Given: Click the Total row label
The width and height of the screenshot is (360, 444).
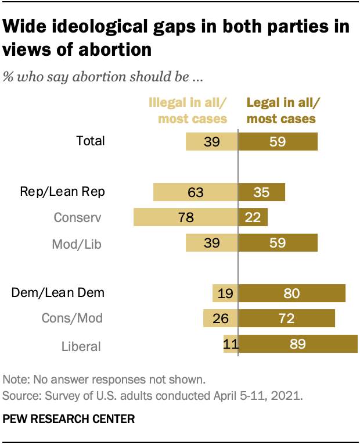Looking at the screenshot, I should point(90,141).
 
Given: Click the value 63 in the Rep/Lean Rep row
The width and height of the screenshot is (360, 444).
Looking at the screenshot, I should point(195,192).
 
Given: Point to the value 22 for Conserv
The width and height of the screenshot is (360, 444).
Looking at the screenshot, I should point(253,217).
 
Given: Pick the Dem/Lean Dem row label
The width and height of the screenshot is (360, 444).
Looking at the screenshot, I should point(58,292).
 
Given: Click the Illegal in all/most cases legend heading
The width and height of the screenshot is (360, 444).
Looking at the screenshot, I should point(188,111).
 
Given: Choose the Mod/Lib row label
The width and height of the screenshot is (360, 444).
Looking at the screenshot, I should point(77,244).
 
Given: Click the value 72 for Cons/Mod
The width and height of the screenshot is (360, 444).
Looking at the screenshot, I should point(286,318).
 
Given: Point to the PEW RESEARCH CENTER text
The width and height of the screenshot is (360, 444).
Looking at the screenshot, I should point(69,418).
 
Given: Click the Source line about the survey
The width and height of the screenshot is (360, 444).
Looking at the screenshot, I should point(153,396).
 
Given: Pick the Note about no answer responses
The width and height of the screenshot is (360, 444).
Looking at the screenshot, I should point(105,381).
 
